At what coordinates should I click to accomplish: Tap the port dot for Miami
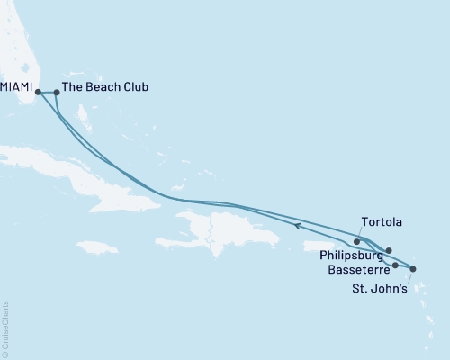(38, 91)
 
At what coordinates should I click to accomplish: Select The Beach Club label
(106, 87)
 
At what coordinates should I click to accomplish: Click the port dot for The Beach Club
(57, 91)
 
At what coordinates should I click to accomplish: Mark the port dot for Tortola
(357, 241)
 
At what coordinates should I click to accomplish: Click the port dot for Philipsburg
(389, 250)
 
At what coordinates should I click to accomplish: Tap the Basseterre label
(353, 268)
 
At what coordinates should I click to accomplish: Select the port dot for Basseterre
(395, 265)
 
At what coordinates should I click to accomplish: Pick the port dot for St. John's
(413, 268)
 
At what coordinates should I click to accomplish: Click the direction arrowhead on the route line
(299, 228)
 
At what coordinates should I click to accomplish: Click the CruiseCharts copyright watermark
(5, 328)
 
